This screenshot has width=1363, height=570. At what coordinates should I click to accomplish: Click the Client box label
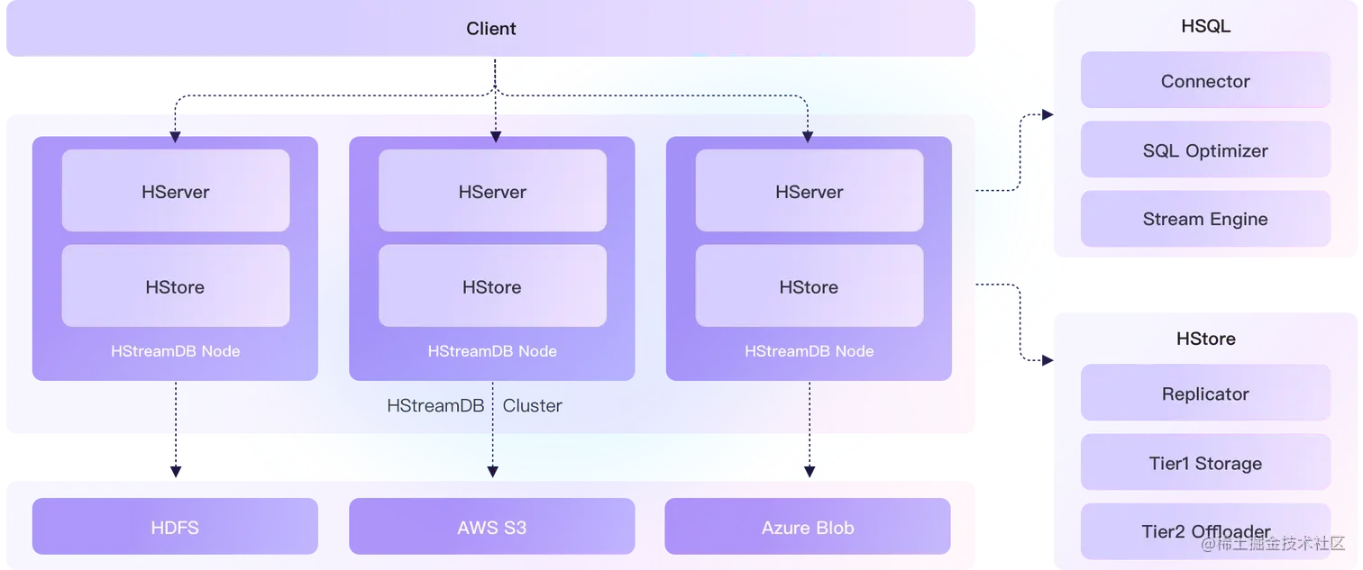click(x=491, y=29)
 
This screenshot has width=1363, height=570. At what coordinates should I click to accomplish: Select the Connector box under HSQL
click(x=1205, y=81)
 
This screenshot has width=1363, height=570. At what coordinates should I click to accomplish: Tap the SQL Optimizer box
click(x=1205, y=150)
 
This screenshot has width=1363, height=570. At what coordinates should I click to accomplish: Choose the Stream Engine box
click(x=1205, y=219)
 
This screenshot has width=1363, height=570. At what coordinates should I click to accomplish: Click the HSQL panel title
click(x=1205, y=27)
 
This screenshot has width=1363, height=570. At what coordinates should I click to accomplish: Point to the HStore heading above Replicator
click(x=1205, y=339)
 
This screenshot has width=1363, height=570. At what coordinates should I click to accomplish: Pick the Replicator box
click(x=1205, y=394)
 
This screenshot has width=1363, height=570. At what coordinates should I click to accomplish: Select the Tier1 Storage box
click(x=1205, y=463)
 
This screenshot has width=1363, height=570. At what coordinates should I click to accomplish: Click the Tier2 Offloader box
click(x=1205, y=531)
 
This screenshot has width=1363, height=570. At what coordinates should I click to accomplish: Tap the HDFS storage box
click(x=175, y=527)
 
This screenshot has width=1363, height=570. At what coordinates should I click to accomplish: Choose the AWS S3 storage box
click(x=491, y=527)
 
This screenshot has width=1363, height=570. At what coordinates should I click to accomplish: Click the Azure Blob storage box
click(x=808, y=527)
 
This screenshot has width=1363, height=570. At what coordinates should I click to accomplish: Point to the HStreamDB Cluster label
click(x=474, y=406)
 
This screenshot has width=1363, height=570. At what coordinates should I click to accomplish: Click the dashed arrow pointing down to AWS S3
click(x=492, y=441)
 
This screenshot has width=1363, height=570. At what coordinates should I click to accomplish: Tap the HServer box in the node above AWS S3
click(x=492, y=191)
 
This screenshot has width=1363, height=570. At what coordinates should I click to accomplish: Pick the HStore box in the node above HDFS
click(x=175, y=286)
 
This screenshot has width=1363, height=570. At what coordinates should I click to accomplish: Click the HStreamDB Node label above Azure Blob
click(x=809, y=351)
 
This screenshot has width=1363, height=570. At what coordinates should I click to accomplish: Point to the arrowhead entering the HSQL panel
click(x=1046, y=114)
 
